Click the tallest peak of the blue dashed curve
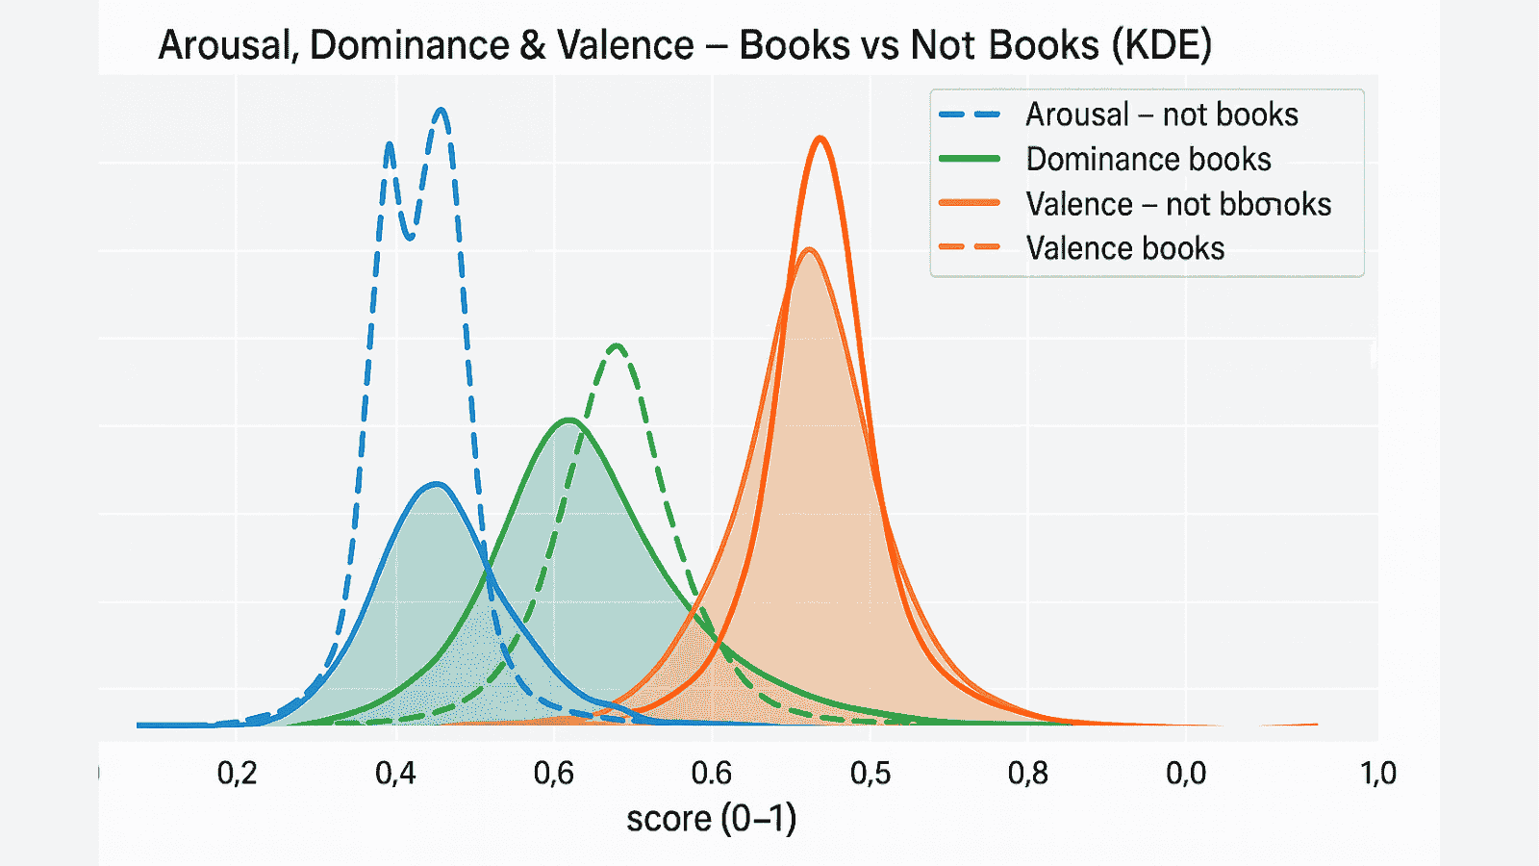442,110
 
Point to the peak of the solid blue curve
438,484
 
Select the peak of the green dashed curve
617,345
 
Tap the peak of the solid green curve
569,420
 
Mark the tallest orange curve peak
820,139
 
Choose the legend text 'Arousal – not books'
1161,115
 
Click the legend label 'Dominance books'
1148,159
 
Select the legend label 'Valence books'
1124,248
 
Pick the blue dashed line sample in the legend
970,115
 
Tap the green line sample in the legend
970,159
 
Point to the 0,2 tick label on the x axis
237,773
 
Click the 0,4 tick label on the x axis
395,773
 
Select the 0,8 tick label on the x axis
1027,773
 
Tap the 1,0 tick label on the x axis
1377,773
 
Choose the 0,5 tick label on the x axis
870,773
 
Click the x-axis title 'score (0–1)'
711,819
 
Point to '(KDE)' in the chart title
1161,45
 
